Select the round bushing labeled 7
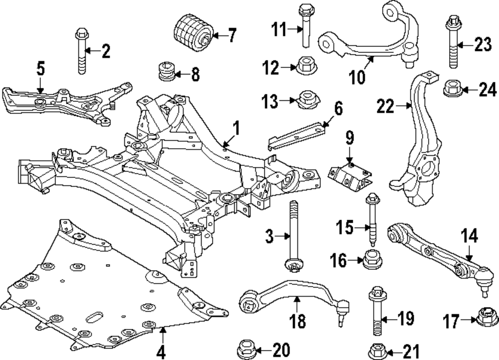click(x=193, y=33)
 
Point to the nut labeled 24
click(x=453, y=89)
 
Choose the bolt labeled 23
click(x=453, y=44)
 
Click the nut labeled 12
click(x=304, y=65)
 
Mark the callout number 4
click(x=161, y=352)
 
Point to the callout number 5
click(x=41, y=68)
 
